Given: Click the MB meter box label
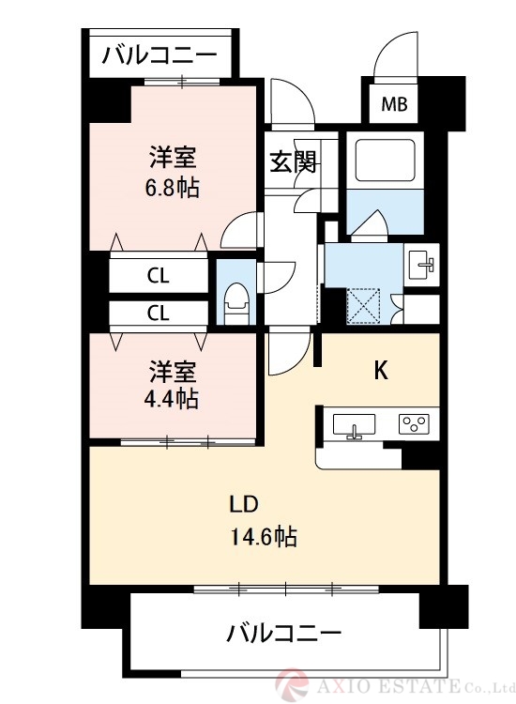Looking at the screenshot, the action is point(394,104).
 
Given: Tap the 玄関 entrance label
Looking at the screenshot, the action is point(293,161).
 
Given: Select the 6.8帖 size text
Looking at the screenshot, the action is point(172,188).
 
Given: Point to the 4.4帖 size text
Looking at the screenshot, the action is point(172,398).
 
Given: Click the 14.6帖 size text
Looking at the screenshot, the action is point(264,536).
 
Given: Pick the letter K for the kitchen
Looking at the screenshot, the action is point(381,371).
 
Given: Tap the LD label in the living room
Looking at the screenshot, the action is point(244,504).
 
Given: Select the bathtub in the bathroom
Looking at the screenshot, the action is point(385,161).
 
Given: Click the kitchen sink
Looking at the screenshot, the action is point(354,425).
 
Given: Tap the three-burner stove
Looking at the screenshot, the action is point(414,424).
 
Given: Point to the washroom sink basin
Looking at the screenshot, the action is point(421,265).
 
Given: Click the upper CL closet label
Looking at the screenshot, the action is point(159,276).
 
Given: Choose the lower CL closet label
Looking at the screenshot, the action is point(159,313).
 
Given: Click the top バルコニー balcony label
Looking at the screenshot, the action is point(159,56).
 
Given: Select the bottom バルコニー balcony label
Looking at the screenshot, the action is point(283,634).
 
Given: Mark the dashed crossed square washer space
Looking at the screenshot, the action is point(363,306).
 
